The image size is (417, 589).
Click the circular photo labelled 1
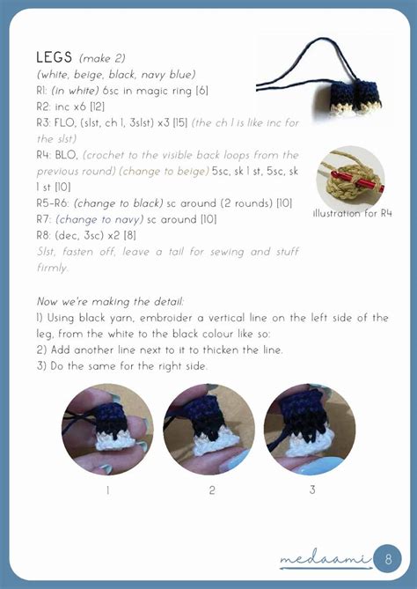pyautogui.click(x=107, y=429)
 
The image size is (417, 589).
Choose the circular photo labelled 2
pyautogui.click(x=209, y=429)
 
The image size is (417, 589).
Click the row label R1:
pyautogui.click(x=42, y=92)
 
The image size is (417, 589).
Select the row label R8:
pyautogui.click(x=43, y=235)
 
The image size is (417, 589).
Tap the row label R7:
pyautogui.click(x=43, y=219)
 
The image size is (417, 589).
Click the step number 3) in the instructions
pyautogui.click(x=41, y=365)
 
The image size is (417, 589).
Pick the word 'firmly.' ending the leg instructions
pyautogui.click(x=52, y=268)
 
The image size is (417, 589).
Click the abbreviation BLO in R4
pyautogui.click(x=67, y=155)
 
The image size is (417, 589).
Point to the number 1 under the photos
pyautogui.click(x=107, y=490)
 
